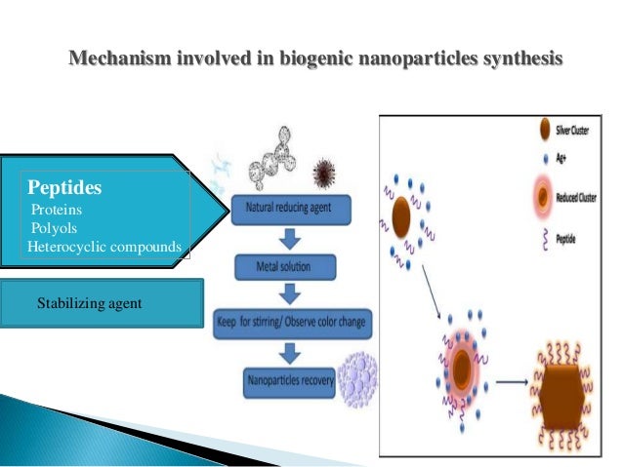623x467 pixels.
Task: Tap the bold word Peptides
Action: [64, 185]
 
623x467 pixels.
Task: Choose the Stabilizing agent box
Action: [102, 303]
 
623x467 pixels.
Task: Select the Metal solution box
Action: [285, 264]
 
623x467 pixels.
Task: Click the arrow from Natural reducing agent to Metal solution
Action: [285, 236]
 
